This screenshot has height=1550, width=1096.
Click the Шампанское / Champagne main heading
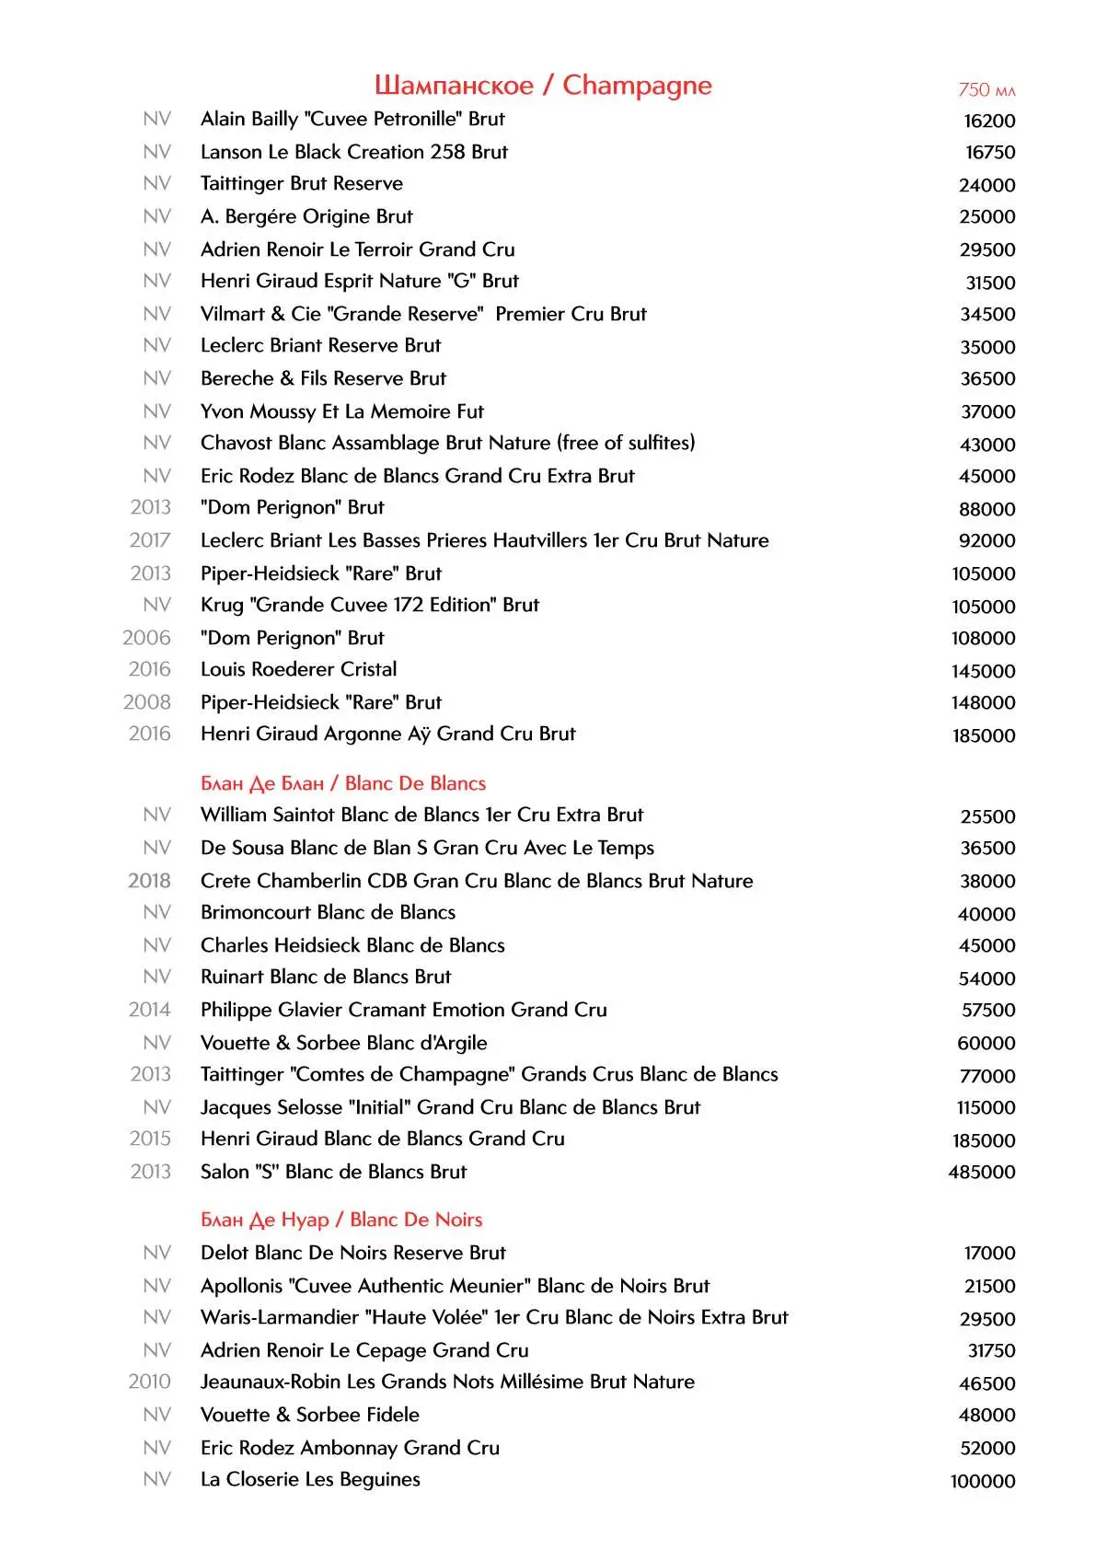(x=543, y=86)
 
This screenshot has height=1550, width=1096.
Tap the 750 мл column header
(x=986, y=90)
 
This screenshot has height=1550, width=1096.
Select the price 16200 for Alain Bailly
(x=989, y=121)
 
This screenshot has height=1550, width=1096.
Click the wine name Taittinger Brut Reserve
(x=302, y=183)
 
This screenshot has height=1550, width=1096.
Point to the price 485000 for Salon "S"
(x=982, y=1172)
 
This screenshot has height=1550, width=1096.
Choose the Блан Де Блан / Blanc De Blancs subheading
(x=343, y=783)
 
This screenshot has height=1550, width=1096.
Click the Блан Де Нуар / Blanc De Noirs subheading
(x=341, y=1220)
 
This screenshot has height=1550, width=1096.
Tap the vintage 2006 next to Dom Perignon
(x=146, y=638)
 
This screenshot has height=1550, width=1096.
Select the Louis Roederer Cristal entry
(x=299, y=669)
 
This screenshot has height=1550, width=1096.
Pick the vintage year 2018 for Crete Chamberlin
(x=149, y=881)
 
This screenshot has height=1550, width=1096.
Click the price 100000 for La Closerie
(x=983, y=1481)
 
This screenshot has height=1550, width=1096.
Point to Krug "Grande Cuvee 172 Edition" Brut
(x=370, y=605)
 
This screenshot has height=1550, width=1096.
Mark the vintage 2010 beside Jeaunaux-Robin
(x=149, y=1382)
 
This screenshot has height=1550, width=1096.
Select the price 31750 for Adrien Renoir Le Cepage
(x=991, y=1350)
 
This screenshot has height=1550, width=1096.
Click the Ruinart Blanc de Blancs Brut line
(x=326, y=977)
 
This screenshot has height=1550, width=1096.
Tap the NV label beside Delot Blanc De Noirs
(x=156, y=1253)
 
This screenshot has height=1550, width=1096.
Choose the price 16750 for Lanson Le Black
(x=990, y=152)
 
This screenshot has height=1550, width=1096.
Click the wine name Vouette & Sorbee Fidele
(x=310, y=1415)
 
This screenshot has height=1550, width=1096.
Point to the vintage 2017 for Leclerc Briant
(x=149, y=540)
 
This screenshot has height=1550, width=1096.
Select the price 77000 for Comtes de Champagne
(x=987, y=1076)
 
